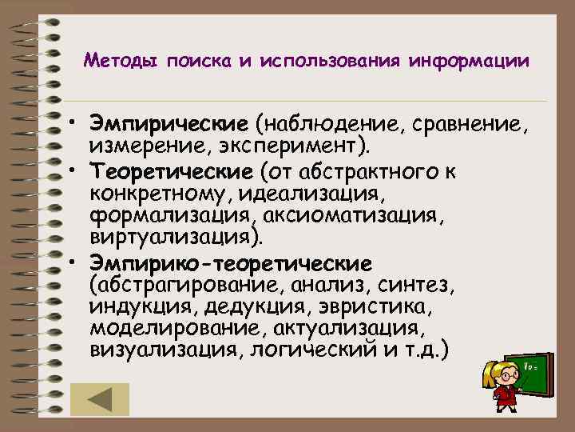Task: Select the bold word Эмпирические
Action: tap(169, 124)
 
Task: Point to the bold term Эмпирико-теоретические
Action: tap(232, 262)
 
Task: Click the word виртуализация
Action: tap(179, 238)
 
